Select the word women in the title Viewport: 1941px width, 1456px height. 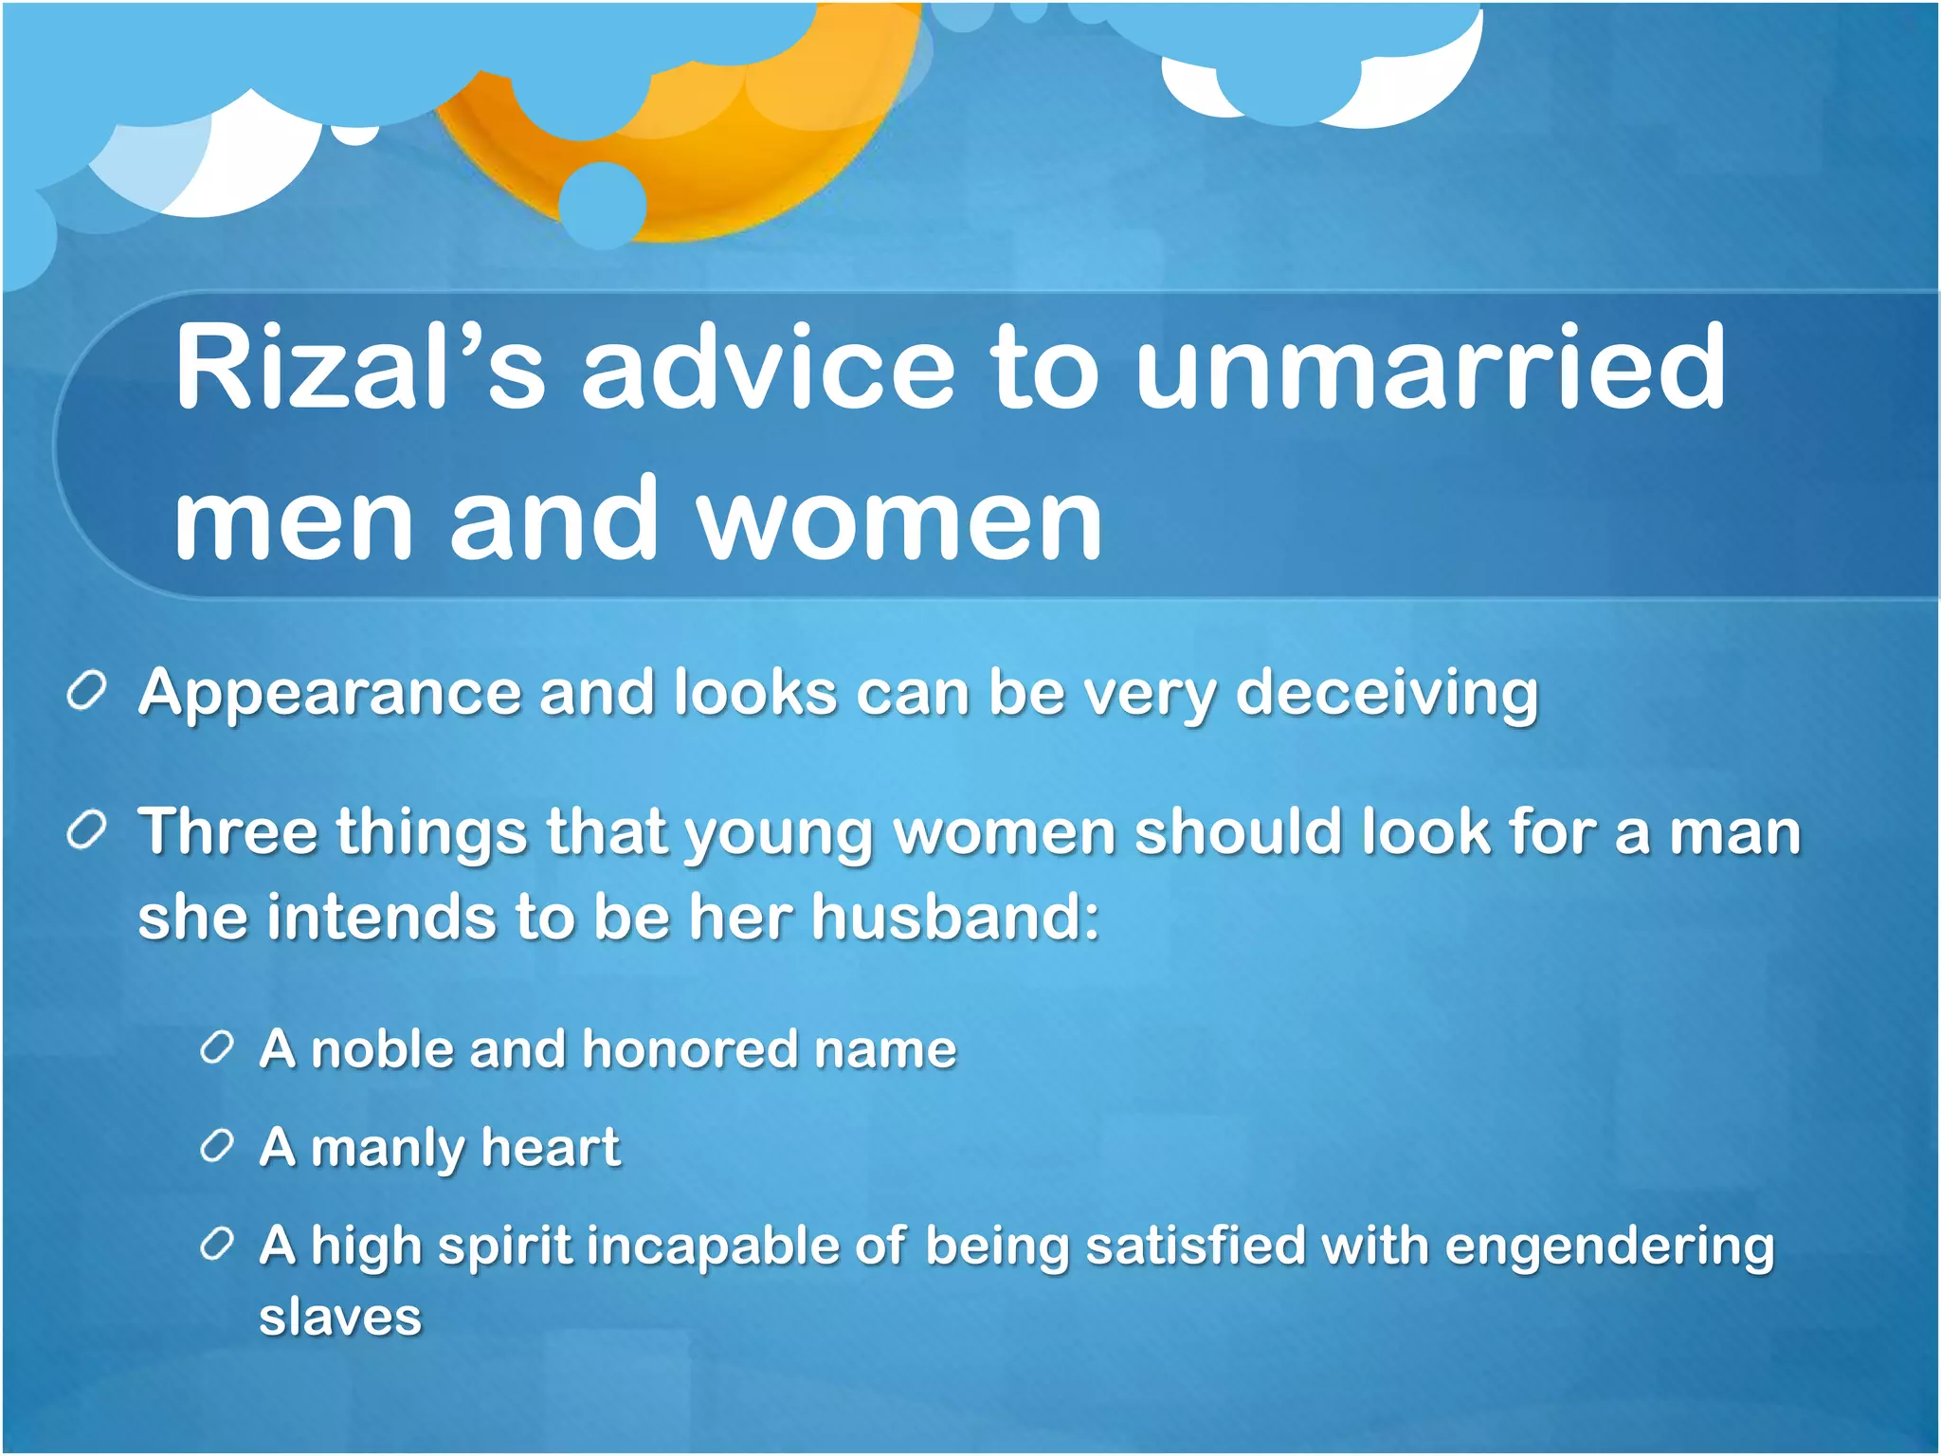(899, 519)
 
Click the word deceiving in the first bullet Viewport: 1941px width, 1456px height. (1387, 694)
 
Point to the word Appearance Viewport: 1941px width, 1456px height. (330, 694)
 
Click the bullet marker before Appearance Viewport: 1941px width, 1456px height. (86, 693)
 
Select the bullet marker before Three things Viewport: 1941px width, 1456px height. (86, 832)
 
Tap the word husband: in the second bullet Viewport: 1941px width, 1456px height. (954, 918)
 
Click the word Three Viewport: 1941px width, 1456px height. (227, 832)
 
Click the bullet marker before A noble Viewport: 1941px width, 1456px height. (217, 1048)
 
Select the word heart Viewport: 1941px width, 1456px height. (550, 1147)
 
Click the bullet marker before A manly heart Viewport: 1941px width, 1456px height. (217, 1147)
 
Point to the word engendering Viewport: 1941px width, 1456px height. (1608, 1247)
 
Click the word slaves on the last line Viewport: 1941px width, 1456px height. (340, 1318)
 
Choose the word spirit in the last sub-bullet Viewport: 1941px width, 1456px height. (504, 1247)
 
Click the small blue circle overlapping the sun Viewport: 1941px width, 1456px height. (603, 205)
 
